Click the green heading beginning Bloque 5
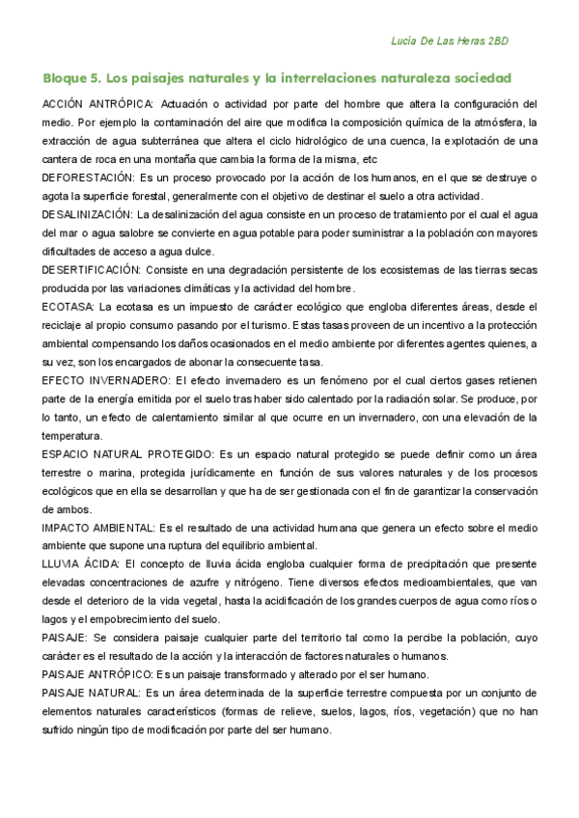pyautogui.click(x=277, y=77)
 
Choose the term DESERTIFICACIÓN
pyautogui.click(x=92, y=270)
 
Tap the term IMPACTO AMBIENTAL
pyautogui.click(x=99, y=528)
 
